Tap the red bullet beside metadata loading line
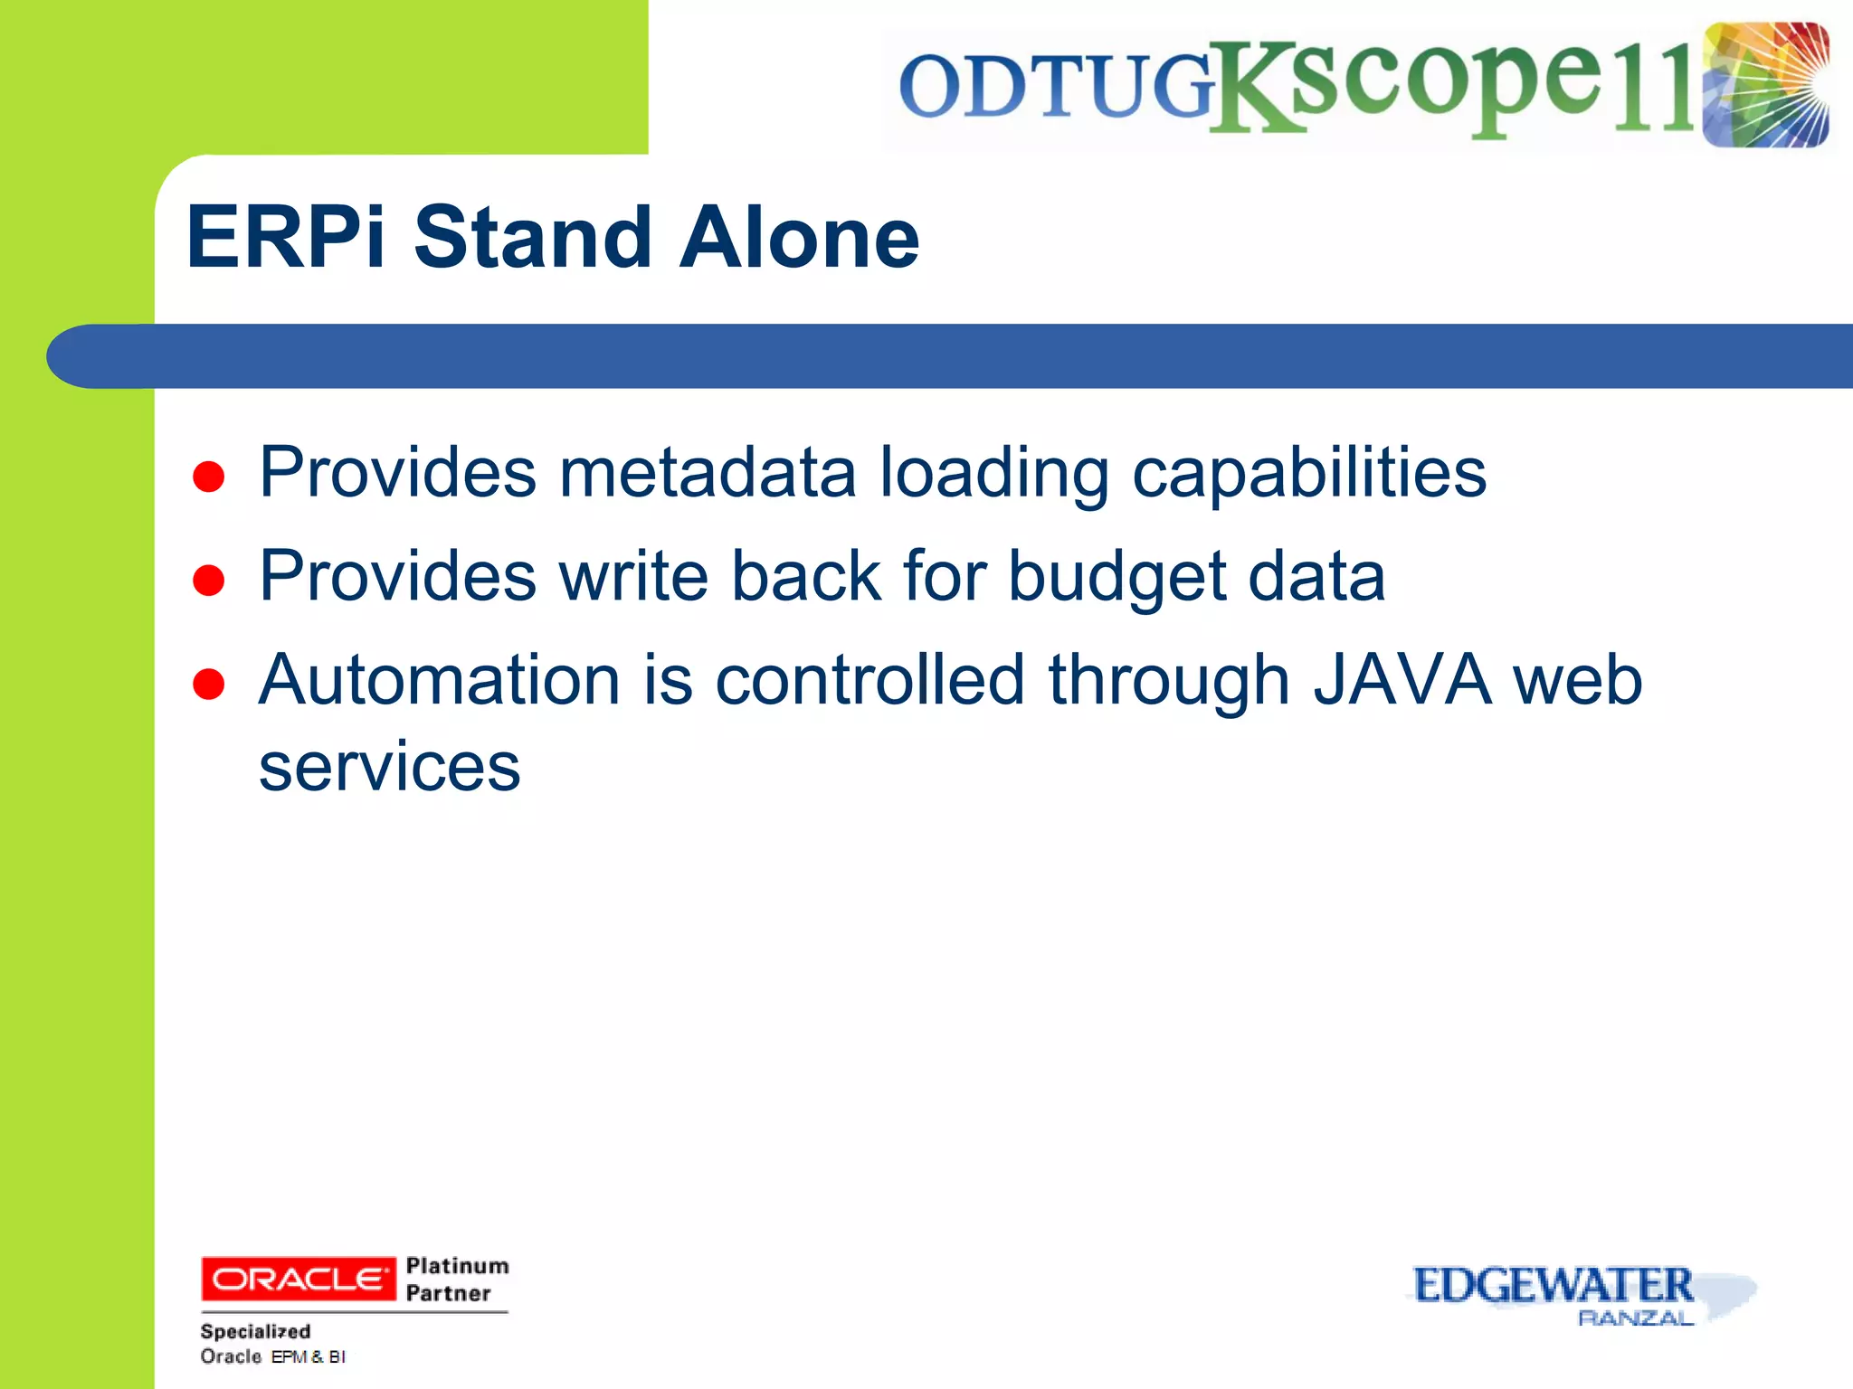click(208, 477)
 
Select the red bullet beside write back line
click(208, 581)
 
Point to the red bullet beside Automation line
click(208, 685)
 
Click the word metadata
click(707, 472)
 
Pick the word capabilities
click(1308, 474)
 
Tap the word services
click(389, 767)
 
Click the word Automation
click(439, 680)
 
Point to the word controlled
click(869, 680)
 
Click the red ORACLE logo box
click(298, 1279)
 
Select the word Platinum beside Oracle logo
click(457, 1265)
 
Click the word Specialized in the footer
click(255, 1331)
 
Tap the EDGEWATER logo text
click(1552, 1285)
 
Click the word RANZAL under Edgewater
click(1634, 1318)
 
